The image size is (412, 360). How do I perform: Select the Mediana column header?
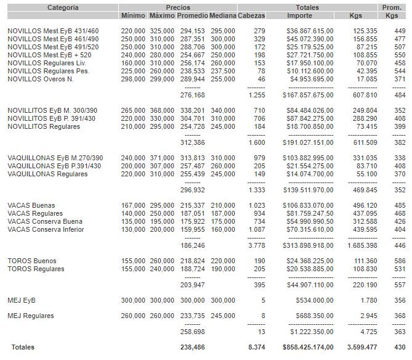222,15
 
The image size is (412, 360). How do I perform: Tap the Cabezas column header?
252,15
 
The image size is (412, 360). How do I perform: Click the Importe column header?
299,15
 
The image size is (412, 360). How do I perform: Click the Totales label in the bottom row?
22,347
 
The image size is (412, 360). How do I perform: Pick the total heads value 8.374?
256,347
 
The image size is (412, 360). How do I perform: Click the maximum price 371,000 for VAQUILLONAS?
162,157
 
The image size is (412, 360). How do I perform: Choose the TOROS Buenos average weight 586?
400,261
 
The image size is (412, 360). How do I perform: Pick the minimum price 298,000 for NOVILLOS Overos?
134,79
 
